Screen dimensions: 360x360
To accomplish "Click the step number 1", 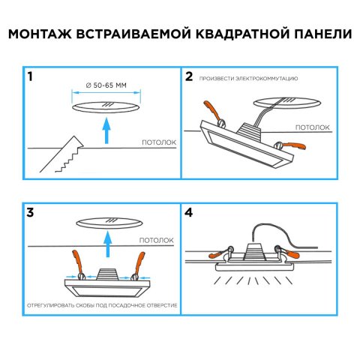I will tap(29, 76).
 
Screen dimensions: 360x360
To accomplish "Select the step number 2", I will tap(189, 76).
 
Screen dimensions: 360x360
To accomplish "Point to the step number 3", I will tap(29, 212).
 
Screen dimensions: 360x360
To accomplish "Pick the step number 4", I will tap(189, 212).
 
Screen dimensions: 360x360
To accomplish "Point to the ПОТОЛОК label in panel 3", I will tap(156, 240).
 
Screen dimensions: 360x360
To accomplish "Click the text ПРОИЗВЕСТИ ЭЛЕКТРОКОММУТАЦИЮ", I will tap(250, 78).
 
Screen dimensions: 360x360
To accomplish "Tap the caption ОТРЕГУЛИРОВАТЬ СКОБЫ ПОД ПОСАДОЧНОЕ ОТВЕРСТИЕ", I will tap(102, 306).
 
